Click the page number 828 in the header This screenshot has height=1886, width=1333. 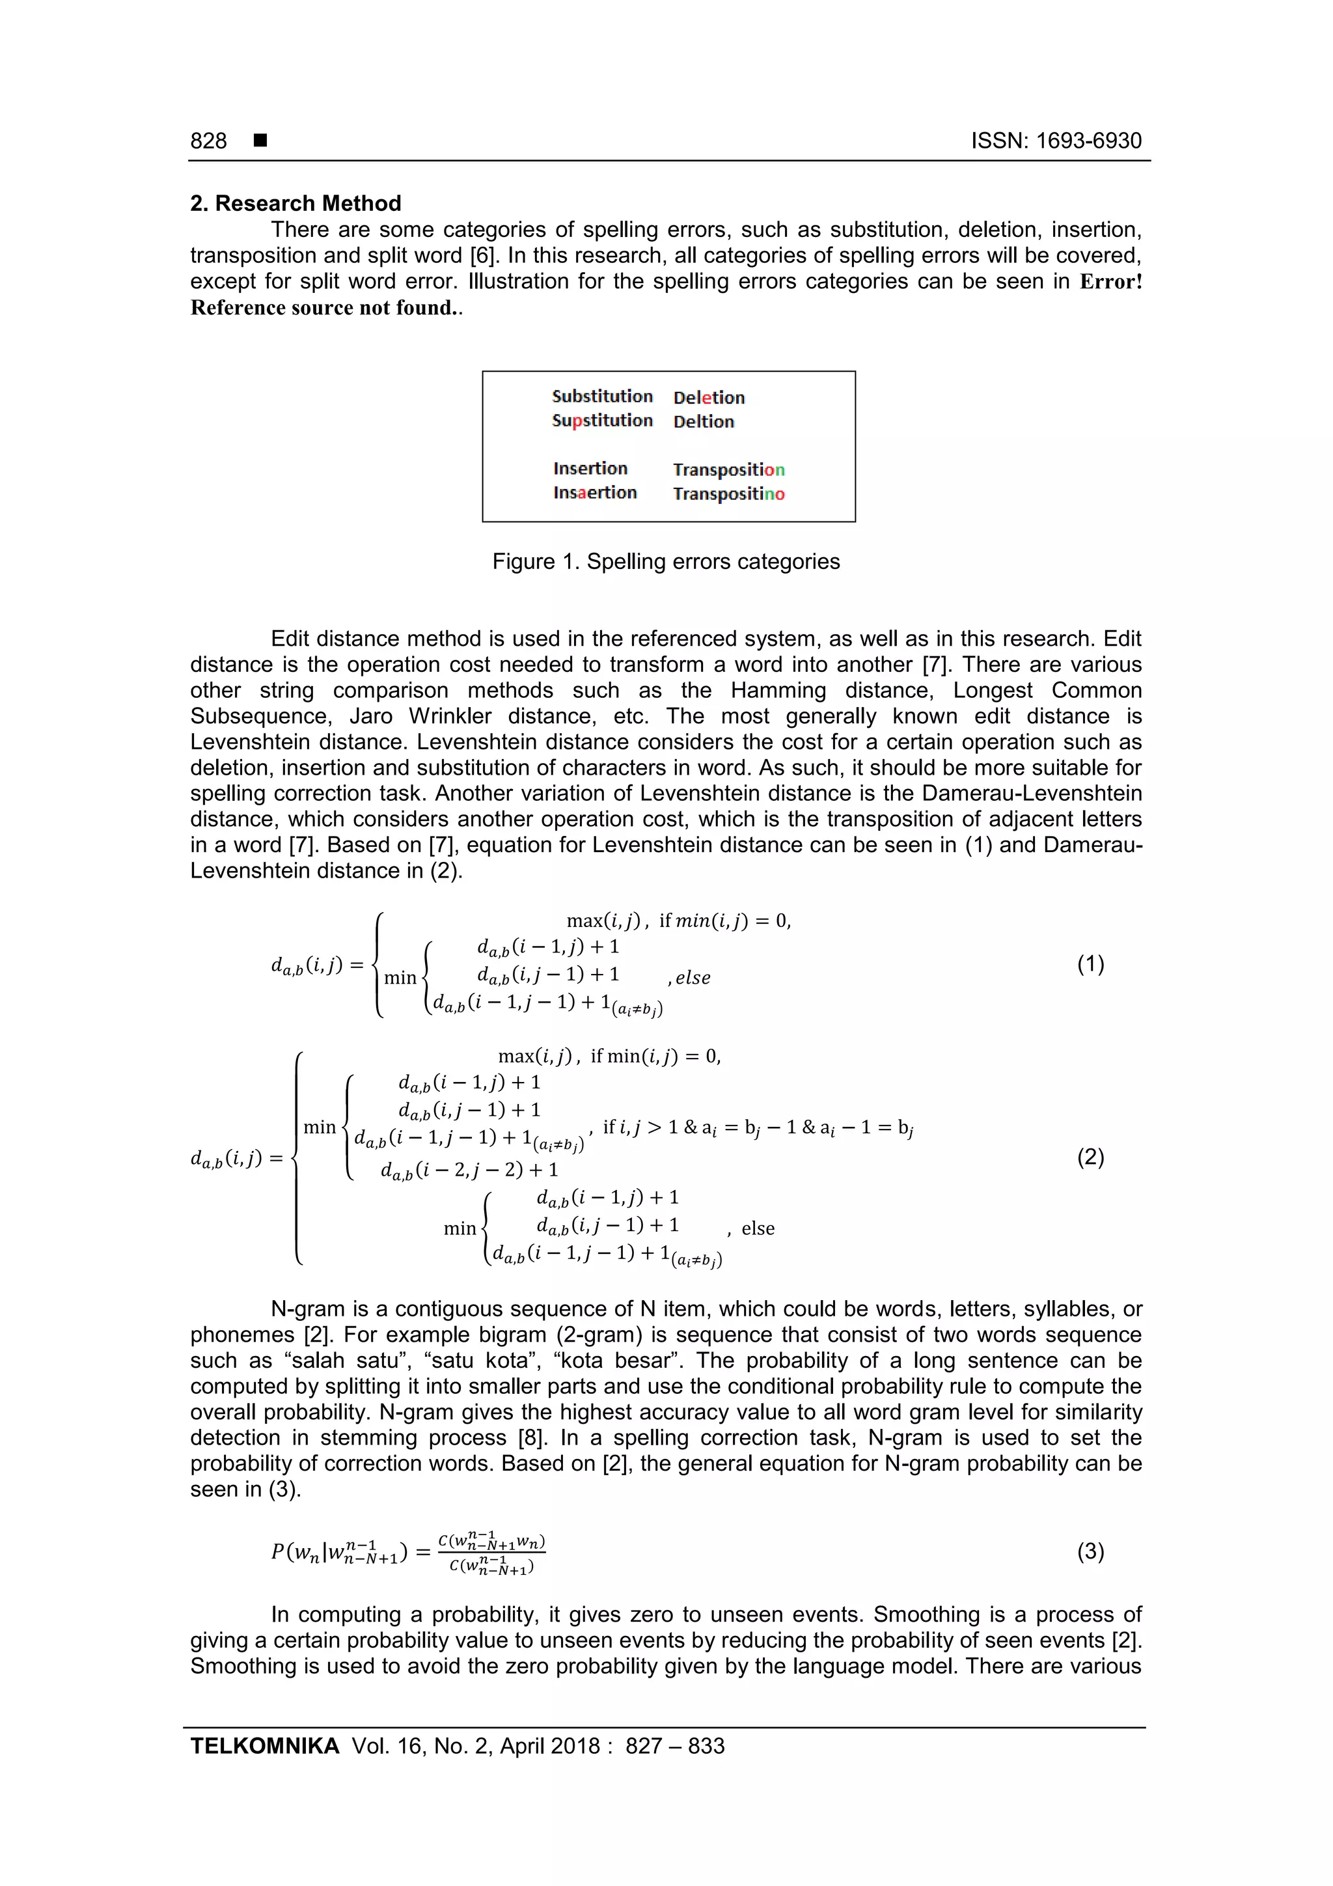[209, 141]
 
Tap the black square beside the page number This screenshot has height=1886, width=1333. [260, 141]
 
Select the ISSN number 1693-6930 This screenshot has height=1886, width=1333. [1088, 141]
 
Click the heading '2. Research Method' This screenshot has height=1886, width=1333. [295, 203]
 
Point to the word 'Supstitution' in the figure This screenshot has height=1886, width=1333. [602, 421]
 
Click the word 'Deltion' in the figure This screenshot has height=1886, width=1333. [703, 421]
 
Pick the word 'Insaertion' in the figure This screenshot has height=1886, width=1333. [595, 493]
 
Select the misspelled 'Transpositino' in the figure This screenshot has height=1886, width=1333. [728, 493]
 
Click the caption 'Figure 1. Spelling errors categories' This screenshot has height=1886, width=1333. [666, 561]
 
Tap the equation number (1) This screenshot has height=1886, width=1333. [1090, 964]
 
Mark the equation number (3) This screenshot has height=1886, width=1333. [1090, 1551]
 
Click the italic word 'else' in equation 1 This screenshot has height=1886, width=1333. [693, 977]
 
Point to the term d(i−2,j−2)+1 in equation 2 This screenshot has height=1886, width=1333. [469, 1170]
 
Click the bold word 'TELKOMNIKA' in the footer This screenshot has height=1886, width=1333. [264, 1745]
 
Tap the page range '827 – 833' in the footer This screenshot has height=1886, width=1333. [674, 1745]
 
